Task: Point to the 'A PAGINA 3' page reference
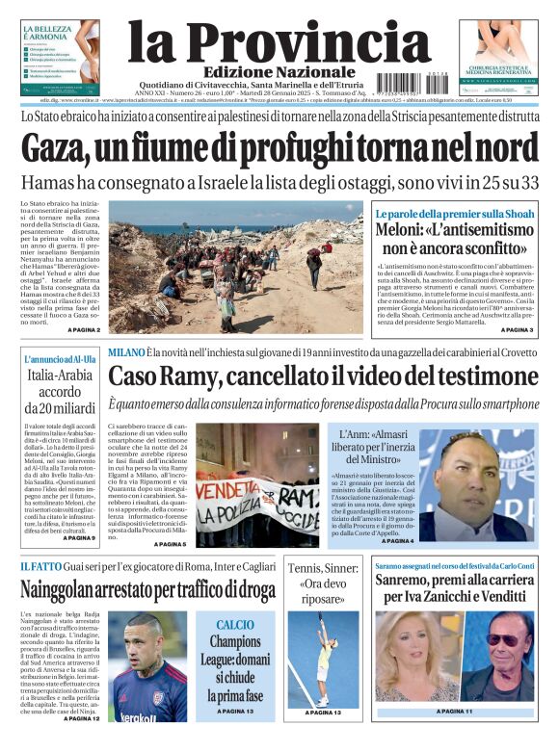click(517, 330)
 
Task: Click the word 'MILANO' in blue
click(126, 353)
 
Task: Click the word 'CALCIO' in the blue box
click(235, 624)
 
